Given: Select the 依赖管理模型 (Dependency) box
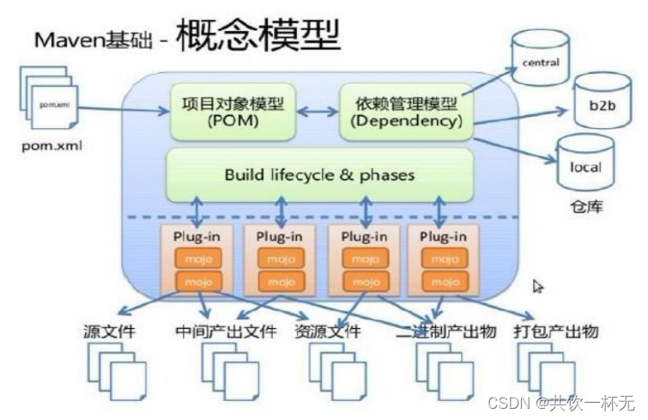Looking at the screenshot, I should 401,112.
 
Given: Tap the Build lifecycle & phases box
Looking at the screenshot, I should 319,175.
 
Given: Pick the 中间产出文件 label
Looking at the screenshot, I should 215,332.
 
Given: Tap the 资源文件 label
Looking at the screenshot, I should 327,332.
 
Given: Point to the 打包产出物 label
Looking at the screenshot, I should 558,332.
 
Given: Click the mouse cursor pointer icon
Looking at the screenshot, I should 538,286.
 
